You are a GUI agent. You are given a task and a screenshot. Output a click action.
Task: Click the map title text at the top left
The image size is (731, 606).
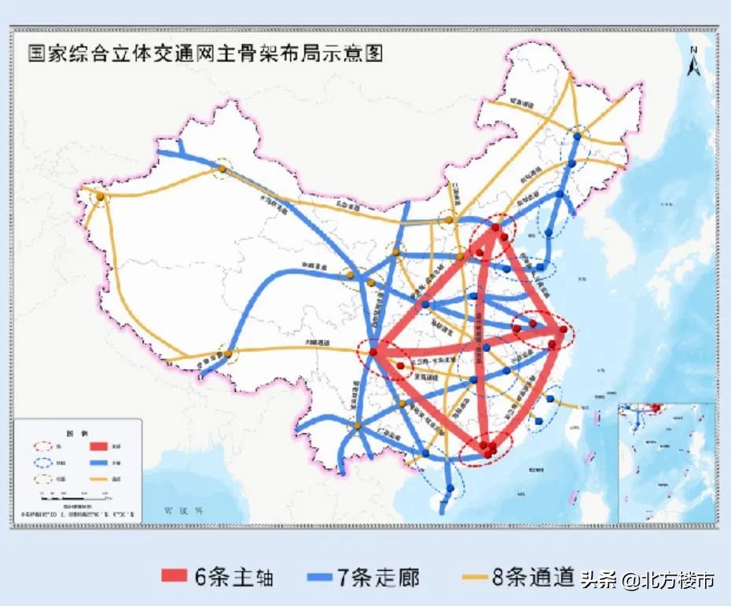(205, 54)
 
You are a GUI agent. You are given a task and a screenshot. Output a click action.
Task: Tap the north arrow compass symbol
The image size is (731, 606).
(693, 63)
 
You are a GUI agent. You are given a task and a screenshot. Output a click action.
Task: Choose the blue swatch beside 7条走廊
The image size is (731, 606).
(318, 578)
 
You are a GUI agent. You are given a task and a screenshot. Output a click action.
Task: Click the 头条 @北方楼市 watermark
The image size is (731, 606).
(648, 580)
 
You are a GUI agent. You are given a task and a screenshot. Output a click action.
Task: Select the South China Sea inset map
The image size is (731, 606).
(666, 461)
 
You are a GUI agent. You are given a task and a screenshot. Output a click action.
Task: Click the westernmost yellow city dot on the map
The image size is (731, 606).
(101, 196)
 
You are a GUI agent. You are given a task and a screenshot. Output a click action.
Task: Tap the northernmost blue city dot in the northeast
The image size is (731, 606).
(578, 136)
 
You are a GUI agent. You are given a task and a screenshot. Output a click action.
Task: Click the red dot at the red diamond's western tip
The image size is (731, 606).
(373, 353)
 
